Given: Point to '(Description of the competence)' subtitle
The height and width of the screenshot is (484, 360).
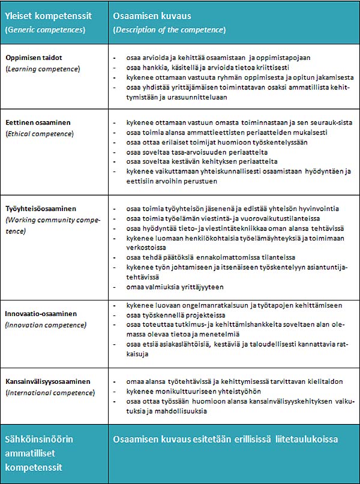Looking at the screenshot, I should [169, 29].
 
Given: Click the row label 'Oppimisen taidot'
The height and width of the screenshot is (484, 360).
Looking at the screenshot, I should [35, 58].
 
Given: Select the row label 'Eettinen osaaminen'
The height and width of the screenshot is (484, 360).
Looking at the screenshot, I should [38, 122].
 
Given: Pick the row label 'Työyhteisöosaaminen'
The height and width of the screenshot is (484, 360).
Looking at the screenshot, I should [41, 209].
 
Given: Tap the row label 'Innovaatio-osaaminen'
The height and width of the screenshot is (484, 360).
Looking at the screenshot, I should [41, 314].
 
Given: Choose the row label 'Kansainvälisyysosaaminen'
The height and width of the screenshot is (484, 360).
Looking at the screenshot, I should [48, 381].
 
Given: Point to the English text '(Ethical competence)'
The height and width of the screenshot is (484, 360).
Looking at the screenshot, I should [40, 133].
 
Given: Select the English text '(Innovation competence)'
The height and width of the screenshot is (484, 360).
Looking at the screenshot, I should [46, 324].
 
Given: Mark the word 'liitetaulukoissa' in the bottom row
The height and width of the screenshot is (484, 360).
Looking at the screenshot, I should [307, 440].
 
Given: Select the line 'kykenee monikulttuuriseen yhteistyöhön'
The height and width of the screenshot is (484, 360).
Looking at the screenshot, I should [184, 391].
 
